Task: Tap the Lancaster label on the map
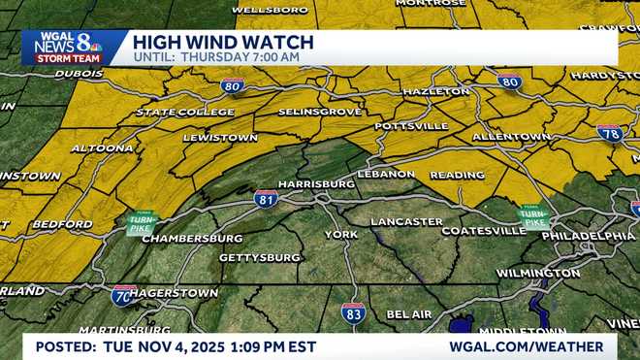click(x=406, y=221)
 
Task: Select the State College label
click(x=184, y=113)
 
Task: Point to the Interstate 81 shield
click(x=266, y=198)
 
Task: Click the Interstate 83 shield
click(x=353, y=311)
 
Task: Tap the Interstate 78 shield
click(x=610, y=134)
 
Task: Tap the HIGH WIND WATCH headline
click(x=222, y=42)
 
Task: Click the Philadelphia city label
click(x=589, y=236)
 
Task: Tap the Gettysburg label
click(x=260, y=257)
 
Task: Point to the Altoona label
click(x=102, y=148)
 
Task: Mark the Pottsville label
click(x=411, y=126)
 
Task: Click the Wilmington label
click(x=538, y=273)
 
